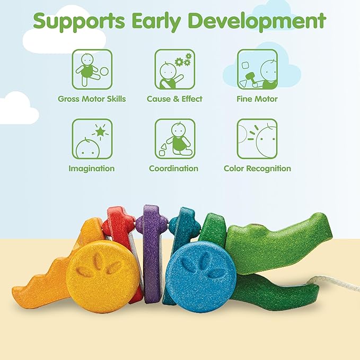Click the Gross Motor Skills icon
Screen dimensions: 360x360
point(92,69)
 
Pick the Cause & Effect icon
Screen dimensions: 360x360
point(174,69)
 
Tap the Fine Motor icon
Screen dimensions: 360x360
point(257,69)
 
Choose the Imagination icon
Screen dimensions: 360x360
point(92,139)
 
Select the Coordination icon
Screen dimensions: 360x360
point(174,139)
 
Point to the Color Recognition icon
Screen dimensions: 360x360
point(257,139)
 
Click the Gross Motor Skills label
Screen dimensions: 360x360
point(92,99)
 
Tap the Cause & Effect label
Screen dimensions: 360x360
point(174,99)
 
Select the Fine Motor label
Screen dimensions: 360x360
point(257,99)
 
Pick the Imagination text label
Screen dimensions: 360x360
point(92,169)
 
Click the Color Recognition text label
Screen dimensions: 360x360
point(257,169)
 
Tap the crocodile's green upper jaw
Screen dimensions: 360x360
point(276,239)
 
